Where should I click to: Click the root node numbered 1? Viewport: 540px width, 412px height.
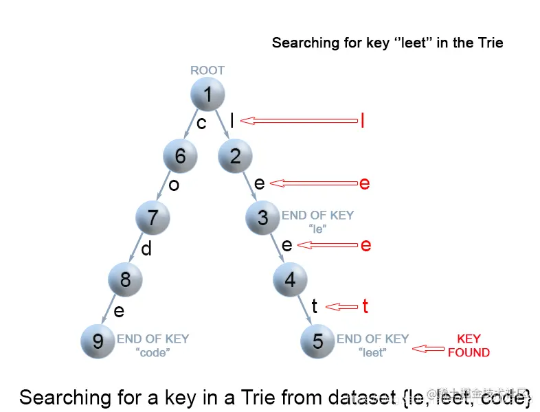point(207,95)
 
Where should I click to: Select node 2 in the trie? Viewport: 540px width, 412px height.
point(235,157)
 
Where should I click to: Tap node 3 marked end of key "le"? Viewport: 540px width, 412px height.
point(262,218)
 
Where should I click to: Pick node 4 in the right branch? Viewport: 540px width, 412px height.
point(290,279)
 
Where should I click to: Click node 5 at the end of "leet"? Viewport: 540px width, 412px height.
point(317,341)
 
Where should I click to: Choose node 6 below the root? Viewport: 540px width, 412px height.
point(180,157)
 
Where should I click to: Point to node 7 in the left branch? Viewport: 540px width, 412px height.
point(153,218)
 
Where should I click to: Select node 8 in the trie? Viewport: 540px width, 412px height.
point(125,279)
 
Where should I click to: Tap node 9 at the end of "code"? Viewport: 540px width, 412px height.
point(98,341)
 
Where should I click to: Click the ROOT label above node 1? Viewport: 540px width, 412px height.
point(207,70)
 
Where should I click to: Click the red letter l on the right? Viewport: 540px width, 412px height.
point(362,121)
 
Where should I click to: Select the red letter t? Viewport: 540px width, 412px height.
point(365,306)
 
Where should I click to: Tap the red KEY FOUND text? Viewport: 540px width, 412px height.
point(469,345)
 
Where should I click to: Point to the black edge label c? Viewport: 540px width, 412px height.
point(201,123)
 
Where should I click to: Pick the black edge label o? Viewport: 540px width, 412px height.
point(174,185)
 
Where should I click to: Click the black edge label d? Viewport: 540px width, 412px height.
point(146,249)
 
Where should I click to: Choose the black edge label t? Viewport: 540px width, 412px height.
point(315,306)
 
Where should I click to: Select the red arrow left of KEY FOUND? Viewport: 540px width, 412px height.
point(427,349)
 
